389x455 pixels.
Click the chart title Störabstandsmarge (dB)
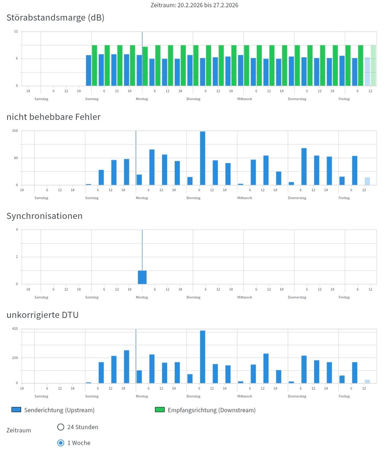click(55, 17)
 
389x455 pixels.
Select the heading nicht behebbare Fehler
click(54, 117)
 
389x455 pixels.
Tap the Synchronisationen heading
click(44, 216)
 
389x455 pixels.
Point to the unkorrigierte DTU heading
click(43, 315)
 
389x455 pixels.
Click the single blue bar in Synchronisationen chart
click(142, 277)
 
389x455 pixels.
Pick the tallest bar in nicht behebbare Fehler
click(203, 158)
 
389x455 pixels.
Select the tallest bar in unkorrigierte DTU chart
click(203, 357)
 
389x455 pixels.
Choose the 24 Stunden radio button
click(61, 427)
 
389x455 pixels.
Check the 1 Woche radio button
click(61, 443)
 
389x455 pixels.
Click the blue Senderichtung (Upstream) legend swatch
click(16, 410)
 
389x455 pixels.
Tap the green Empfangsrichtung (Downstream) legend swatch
click(160, 410)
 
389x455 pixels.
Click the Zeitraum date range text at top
click(194, 5)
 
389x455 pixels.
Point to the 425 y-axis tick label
click(15, 329)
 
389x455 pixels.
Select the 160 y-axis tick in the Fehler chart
click(15, 131)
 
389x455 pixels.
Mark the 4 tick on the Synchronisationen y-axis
click(17, 230)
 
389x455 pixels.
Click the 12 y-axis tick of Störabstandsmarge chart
click(16, 31)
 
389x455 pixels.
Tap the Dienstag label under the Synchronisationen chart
click(194, 297)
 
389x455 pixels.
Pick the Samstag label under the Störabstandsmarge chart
click(41, 99)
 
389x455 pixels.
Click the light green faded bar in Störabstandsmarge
click(373, 66)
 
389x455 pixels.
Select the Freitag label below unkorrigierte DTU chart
click(344, 396)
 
